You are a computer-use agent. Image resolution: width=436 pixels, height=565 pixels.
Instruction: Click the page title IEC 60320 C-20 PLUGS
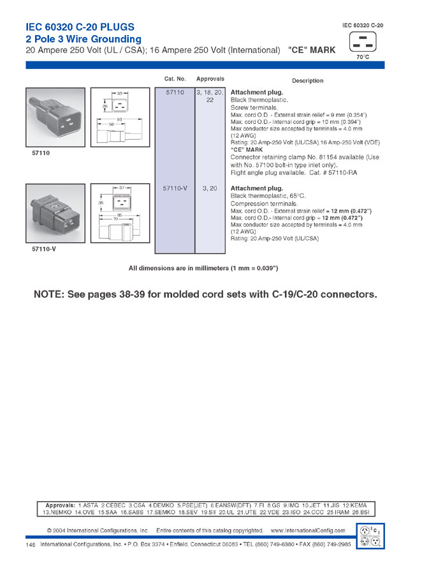[80, 27]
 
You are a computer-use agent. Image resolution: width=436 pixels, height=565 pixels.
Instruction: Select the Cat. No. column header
[175, 79]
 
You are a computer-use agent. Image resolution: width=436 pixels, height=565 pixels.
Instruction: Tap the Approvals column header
[210, 79]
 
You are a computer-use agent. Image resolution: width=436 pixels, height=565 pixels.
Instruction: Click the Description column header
[307, 80]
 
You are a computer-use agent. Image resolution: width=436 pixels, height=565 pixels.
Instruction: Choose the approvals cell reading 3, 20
[210, 188]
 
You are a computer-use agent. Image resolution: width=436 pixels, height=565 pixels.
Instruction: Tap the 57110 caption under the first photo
[41, 153]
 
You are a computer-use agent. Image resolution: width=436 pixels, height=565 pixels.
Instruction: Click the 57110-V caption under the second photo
[44, 249]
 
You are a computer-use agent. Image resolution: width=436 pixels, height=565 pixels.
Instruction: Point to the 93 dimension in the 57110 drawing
[119, 119]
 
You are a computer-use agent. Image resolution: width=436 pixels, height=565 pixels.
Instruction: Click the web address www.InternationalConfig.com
[308, 531]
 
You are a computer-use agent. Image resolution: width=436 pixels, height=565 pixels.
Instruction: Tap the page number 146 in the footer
[31, 545]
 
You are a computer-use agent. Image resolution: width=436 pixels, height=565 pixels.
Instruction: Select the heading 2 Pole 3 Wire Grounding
[83, 39]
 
